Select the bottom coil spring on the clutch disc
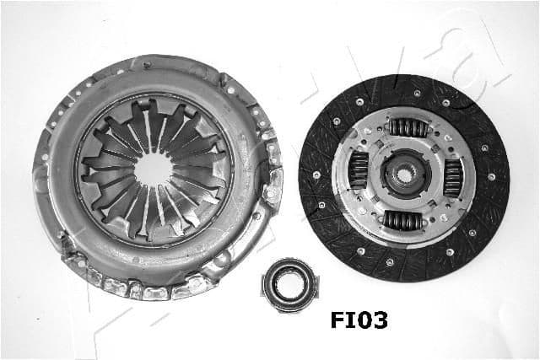click(403, 221)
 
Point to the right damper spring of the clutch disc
click(451, 178)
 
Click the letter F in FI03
click(335, 320)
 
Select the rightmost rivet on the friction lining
click(495, 178)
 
